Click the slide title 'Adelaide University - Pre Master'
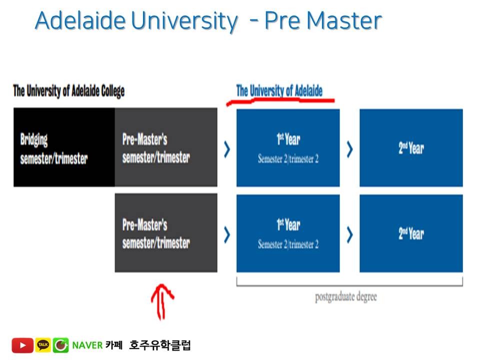coord(208,21)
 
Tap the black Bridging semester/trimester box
coord(64,147)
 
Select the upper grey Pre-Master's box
coord(166,147)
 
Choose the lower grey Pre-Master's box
coord(166,233)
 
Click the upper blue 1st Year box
coord(288,147)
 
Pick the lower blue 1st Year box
coord(288,233)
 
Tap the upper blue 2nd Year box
coord(411,147)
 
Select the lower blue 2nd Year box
coord(411,233)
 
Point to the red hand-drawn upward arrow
coord(162,301)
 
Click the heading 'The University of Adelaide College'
coord(68,91)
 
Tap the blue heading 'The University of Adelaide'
coord(279,90)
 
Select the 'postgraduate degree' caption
coord(345,296)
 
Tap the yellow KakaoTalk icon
coord(43,345)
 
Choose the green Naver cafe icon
coord(60,345)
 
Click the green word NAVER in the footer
coord(87,345)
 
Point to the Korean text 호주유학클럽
coord(159,345)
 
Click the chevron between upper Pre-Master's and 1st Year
coord(227,149)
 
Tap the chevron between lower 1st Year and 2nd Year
coord(349,234)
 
